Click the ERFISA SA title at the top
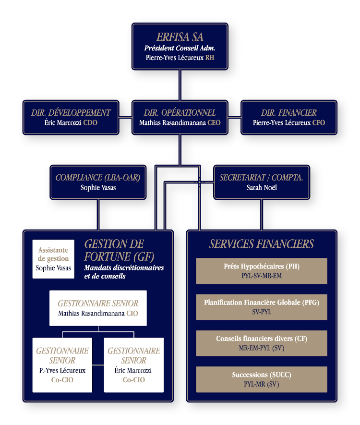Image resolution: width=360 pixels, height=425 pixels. click(180, 37)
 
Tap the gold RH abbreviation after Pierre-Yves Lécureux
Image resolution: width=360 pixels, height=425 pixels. click(210, 58)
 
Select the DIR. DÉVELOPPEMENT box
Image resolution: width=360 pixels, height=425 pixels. click(71, 117)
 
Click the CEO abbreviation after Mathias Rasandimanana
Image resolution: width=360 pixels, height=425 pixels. click(214, 123)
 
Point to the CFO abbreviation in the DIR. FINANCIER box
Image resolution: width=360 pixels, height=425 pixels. click(319, 123)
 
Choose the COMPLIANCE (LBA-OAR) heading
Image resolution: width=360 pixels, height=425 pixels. click(98, 178)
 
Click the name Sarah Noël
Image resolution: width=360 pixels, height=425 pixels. click(262, 188)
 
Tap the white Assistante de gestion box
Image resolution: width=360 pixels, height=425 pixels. click(53, 259)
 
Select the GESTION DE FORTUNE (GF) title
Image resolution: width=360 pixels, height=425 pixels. click(119, 250)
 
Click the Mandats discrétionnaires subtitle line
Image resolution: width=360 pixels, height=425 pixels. click(124, 268)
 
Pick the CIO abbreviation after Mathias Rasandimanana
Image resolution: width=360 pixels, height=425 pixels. click(132, 313)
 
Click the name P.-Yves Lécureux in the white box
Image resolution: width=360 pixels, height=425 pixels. click(62, 371)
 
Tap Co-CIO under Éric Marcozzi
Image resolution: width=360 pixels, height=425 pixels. click(134, 380)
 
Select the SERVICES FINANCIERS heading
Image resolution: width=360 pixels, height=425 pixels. click(262, 244)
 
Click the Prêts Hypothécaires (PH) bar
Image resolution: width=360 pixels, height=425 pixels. click(262, 271)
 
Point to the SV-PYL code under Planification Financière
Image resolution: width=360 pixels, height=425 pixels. click(262, 312)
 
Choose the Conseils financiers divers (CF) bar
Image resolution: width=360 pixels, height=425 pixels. click(262, 343)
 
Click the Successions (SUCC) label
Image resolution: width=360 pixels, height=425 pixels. click(262, 375)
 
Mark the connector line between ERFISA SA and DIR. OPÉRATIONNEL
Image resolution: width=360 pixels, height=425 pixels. click(180, 85)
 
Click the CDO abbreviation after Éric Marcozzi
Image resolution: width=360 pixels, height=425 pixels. click(90, 123)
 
